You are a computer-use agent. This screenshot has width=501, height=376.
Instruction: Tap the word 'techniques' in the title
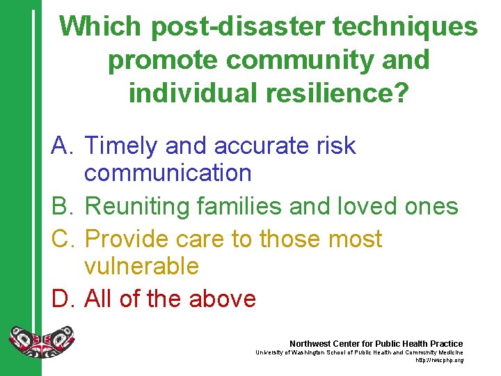point(406,27)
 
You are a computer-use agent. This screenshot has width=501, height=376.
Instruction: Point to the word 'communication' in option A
point(168,173)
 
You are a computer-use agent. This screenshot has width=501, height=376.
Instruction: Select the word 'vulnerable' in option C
point(141,266)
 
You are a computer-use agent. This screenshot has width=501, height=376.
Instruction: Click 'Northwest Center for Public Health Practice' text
point(376,344)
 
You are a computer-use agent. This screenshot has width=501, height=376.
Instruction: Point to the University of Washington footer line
point(358,353)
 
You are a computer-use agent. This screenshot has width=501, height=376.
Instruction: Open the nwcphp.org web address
point(439,361)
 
